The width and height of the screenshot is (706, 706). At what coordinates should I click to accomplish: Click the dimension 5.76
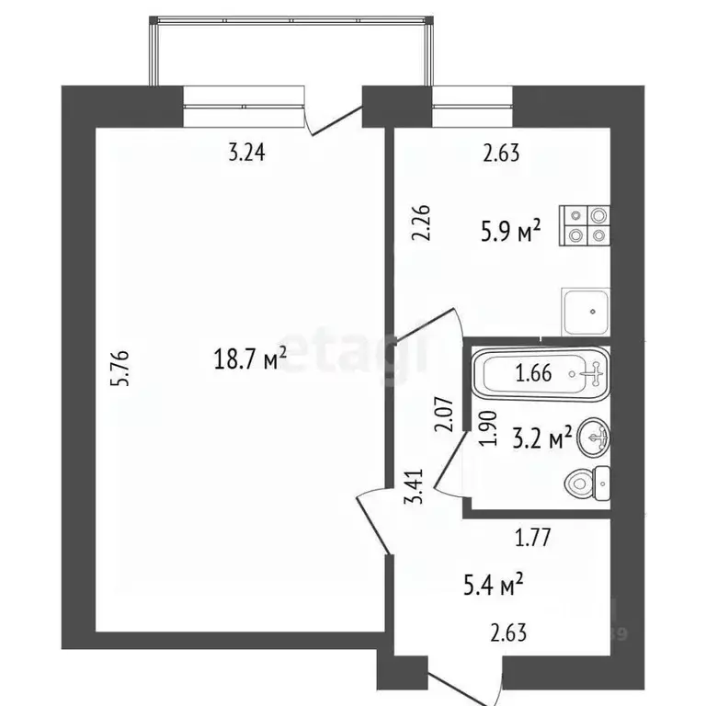pyautogui.click(x=131, y=370)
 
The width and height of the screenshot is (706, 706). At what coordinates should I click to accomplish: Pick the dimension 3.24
pyautogui.click(x=246, y=154)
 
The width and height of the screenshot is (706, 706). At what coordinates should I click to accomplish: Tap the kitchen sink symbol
pyautogui.click(x=586, y=313)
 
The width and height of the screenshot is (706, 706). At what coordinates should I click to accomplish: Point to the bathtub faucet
pyautogui.click(x=594, y=374)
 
